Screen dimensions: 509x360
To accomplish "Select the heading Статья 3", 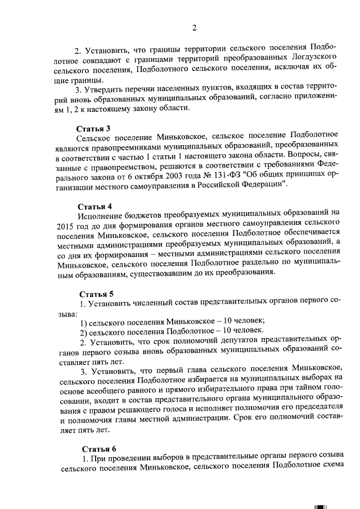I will point(93,129).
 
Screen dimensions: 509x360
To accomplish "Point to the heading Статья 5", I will point(96,294).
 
